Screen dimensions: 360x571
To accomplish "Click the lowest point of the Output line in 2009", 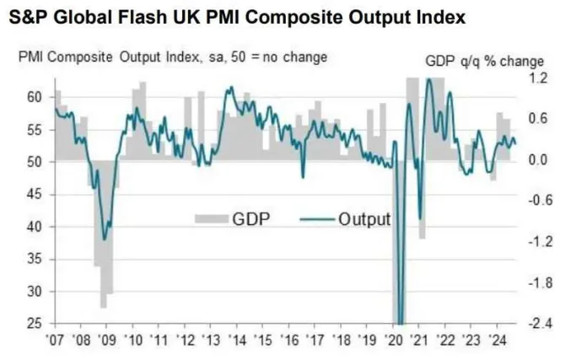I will [x=104, y=239].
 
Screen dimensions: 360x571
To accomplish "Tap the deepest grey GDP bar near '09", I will [x=103, y=308].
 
